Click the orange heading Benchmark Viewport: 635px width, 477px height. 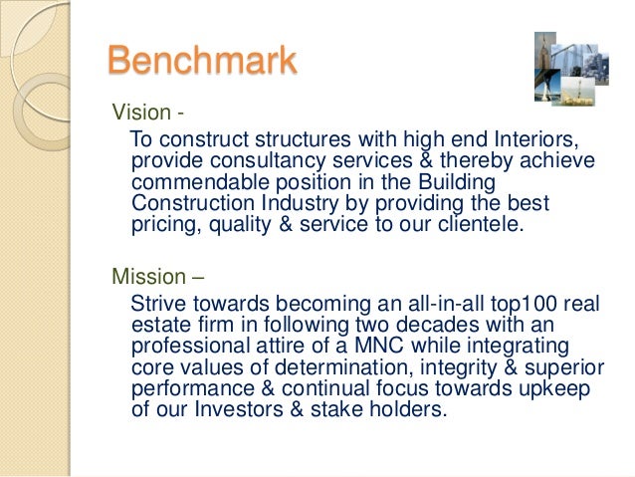click(202, 60)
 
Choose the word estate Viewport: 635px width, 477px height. click(159, 324)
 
